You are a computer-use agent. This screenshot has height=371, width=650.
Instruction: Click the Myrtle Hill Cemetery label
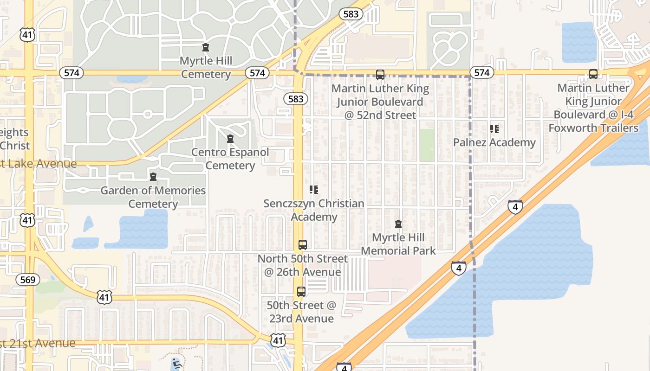pyautogui.click(x=206, y=68)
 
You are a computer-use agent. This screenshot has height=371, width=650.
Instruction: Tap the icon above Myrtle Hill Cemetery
pyautogui.click(x=206, y=47)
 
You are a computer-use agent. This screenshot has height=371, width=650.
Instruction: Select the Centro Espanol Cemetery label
pyautogui.click(x=230, y=159)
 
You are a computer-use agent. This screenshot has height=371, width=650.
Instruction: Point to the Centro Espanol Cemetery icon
pyautogui.click(x=230, y=139)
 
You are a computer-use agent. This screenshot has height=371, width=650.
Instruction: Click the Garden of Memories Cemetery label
pyautogui.click(x=153, y=197)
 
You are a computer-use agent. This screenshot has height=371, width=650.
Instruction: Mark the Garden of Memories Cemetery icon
pyautogui.click(x=153, y=177)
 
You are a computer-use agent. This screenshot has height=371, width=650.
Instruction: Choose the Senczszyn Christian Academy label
pyautogui.click(x=314, y=210)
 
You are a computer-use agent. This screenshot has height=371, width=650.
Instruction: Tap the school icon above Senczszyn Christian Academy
pyautogui.click(x=314, y=189)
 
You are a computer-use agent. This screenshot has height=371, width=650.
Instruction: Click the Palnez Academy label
pyautogui.click(x=494, y=142)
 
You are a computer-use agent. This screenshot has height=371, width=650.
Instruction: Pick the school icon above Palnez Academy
pyautogui.click(x=494, y=128)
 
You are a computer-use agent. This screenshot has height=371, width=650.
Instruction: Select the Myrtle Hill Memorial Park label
pyautogui.click(x=398, y=244)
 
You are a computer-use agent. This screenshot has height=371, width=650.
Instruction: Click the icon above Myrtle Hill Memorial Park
pyautogui.click(x=398, y=224)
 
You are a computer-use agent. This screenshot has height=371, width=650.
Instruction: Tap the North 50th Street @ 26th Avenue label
pyautogui.click(x=303, y=265)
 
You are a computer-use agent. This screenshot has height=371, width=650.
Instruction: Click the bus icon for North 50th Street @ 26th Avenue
pyautogui.click(x=303, y=244)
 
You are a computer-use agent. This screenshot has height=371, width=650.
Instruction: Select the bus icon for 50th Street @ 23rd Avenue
pyautogui.click(x=301, y=291)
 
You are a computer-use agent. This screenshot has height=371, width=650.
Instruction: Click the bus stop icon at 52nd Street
pyautogui.click(x=380, y=74)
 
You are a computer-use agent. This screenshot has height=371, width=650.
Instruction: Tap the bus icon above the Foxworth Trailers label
pyautogui.click(x=593, y=74)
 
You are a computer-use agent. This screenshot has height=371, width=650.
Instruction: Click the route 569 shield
pyautogui.click(x=28, y=280)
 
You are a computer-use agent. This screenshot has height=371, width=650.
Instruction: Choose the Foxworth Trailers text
pyautogui.click(x=593, y=128)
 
